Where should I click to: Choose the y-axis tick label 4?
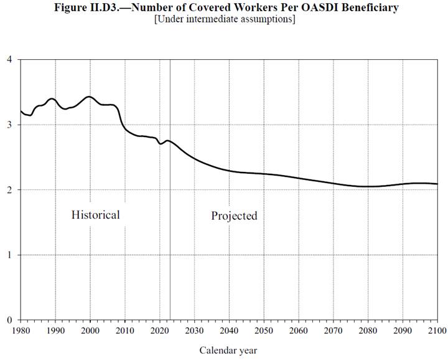coord(9,60)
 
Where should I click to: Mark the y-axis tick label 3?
coord(9,125)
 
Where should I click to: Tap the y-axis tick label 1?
coord(9,255)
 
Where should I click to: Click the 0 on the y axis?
coord(9,320)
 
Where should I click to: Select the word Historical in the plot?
coord(95,215)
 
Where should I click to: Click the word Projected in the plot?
coord(234,216)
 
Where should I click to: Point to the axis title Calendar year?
coord(228,350)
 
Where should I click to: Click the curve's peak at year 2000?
coord(90,97)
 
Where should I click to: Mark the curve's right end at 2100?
coord(436,184)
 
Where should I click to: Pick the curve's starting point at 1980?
coord(21,111)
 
